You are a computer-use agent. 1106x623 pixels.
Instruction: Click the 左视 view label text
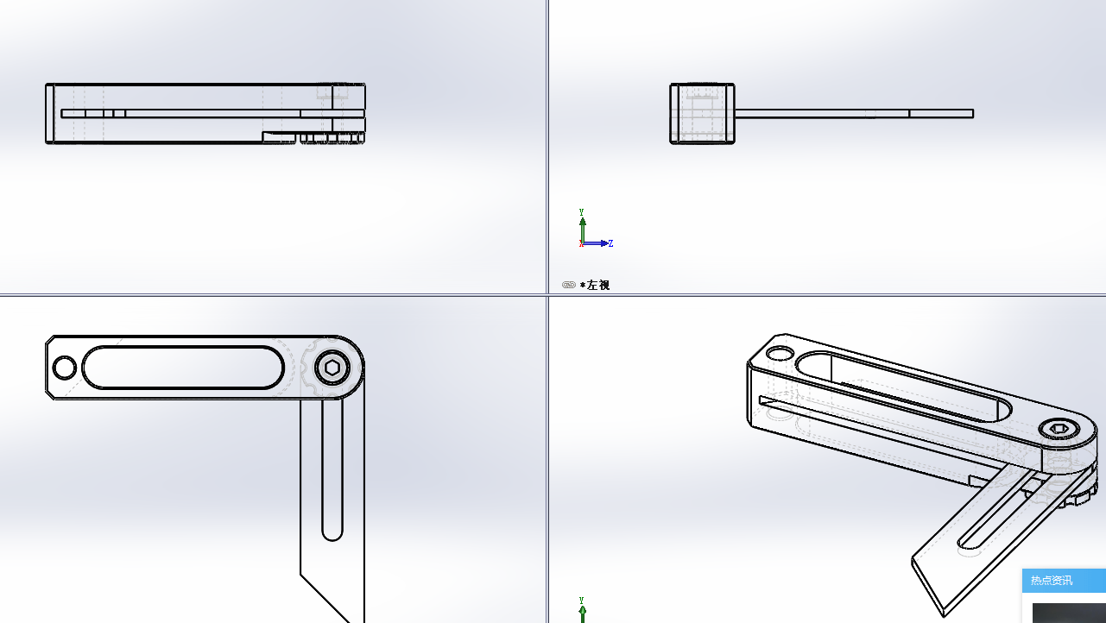click(x=598, y=285)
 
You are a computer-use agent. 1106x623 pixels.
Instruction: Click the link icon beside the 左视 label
click(x=569, y=285)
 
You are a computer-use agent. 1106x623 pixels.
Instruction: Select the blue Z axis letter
click(x=610, y=243)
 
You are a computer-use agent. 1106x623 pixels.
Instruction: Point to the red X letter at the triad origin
click(x=581, y=243)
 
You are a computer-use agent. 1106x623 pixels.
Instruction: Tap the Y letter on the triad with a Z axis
click(x=582, y=212)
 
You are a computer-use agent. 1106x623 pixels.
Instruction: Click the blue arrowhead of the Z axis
click(x=604, y=243)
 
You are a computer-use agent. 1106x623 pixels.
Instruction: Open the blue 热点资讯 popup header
click(x=1064, y=581)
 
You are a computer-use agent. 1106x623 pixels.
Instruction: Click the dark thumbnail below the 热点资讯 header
click(x=1069, y=614)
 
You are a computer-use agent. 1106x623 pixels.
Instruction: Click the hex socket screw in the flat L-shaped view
click(x=332, y=368)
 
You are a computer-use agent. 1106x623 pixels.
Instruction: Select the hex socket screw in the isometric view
click(x=1059, y=428)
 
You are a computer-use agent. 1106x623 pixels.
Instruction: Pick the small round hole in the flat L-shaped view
click(x=64, y=368)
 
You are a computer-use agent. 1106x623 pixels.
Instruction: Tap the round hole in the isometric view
click(x=781, y=353)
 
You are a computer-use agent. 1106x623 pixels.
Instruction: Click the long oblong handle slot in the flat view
click(x=183, y=368)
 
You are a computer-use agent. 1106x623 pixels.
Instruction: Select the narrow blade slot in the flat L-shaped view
click(x=332, y=469)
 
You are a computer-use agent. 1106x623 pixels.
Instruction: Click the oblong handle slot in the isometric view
click(x=904, y=387)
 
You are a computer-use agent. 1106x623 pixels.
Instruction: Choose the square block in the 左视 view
click(x=702, y=113)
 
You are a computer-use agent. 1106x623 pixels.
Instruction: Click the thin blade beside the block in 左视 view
click(x=854, y=114)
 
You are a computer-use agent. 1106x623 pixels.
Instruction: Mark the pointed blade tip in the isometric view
click(x=944, y=616)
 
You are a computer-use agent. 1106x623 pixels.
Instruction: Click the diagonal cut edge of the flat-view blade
click(x=325, y=598)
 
